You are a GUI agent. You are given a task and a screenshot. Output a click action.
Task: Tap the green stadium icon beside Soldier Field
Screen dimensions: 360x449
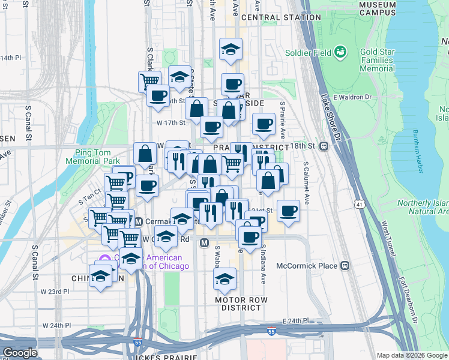[341, 52]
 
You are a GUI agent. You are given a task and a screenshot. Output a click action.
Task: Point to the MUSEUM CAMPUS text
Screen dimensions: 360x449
[378, 8]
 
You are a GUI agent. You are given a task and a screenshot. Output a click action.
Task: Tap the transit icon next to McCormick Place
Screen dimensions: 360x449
[345, 265]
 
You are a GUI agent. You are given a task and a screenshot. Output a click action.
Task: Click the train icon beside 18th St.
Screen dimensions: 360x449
[324, 146]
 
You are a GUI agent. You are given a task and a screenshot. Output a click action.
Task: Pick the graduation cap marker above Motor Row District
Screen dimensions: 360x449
[225, 278]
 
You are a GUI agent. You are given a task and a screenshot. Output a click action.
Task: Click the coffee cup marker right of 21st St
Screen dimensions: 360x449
[289, 211]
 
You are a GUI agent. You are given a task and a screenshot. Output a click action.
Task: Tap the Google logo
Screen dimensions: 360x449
[20, 353]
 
